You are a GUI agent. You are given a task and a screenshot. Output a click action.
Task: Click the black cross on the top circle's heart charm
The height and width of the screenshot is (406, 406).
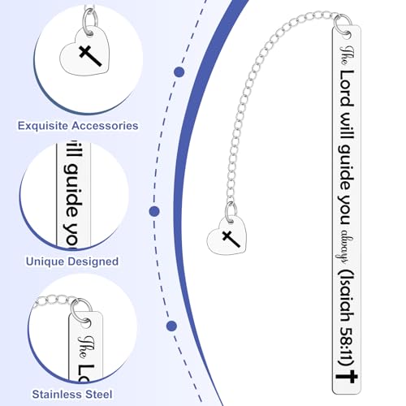[x=90, y=56]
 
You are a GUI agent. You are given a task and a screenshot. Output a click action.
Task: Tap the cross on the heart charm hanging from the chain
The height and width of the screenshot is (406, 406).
[x=231, y=239]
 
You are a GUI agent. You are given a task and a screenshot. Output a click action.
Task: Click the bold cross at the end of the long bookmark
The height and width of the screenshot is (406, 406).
[x=347, y=377]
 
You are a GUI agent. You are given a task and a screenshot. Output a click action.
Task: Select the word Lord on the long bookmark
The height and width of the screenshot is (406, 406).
[x=347, y=89]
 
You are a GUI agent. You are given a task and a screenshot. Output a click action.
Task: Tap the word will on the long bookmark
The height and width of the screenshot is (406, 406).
[x=348, y=125]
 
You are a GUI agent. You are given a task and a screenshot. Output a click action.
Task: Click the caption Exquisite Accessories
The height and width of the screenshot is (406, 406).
[x=78, y=126]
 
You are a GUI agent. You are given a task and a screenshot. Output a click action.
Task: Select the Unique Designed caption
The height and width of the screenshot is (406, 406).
[x=72, y=261]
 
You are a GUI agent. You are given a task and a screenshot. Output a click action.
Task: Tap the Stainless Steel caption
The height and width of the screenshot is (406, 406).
[x=72, y=394]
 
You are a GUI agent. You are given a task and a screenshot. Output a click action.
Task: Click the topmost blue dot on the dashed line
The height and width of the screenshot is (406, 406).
[x=179, y=72]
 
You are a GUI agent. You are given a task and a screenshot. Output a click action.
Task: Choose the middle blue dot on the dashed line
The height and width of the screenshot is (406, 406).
[x=154, y=211]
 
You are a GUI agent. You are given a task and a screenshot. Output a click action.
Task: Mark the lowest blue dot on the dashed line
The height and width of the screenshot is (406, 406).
[x=171, y=326]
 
